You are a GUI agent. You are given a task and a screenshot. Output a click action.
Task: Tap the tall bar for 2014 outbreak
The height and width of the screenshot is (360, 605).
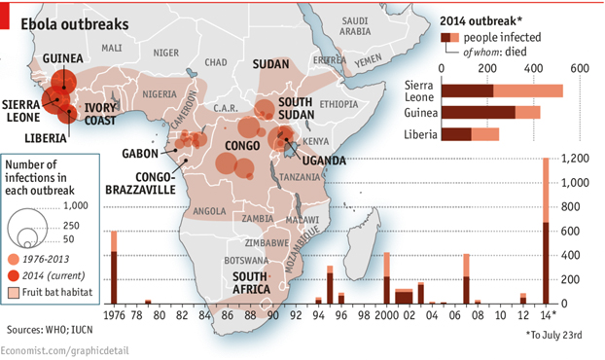(546, 234)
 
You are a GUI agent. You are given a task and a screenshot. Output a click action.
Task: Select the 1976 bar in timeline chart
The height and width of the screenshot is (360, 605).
(114, 268)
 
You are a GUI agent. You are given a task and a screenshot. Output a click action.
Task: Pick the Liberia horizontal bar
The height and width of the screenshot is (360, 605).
(471, 134)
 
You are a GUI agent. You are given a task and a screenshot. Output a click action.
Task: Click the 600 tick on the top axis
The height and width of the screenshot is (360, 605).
(579, 68)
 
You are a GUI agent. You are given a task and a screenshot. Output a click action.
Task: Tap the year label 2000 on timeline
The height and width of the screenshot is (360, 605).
(386, 316)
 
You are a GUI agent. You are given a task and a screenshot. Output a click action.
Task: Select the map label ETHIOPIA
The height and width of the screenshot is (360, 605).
(338, 103)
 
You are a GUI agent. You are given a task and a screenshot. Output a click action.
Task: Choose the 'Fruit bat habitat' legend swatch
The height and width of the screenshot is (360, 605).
(13, 291)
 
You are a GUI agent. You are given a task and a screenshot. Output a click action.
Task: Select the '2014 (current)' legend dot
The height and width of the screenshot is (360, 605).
(13, 275)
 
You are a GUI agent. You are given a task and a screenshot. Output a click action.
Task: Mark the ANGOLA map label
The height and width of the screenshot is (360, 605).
(210, 209)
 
